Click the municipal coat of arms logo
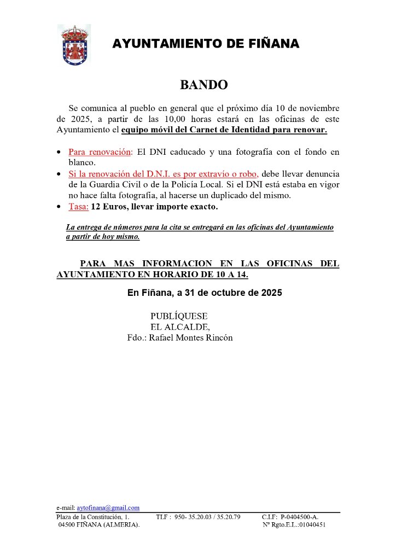74,45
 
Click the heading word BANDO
204,85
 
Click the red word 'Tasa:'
78,207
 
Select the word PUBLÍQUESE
179,316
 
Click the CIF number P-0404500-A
300,516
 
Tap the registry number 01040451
311,524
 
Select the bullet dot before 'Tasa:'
60,207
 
